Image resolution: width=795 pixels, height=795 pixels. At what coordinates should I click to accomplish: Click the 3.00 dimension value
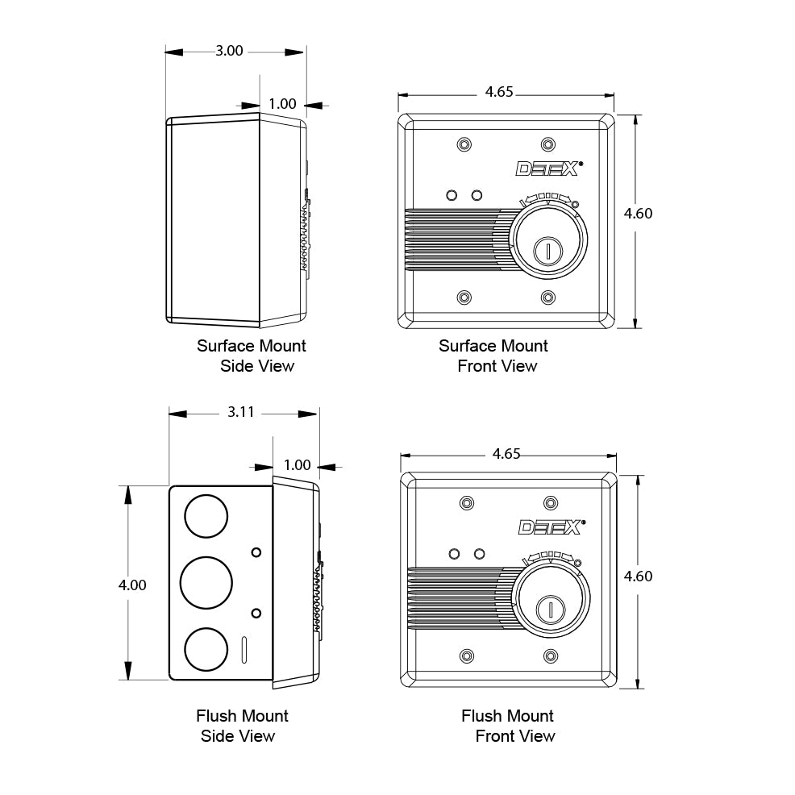[229, 52]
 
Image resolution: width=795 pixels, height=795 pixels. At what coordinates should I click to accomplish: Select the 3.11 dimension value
[241, 412]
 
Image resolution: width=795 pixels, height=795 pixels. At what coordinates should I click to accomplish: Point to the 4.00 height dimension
[132, 585]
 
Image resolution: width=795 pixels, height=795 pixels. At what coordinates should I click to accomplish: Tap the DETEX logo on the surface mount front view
[549, 169]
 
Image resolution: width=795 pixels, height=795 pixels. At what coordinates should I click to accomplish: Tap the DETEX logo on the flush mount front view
[552, 527]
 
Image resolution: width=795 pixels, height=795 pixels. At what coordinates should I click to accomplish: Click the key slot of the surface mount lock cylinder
[548, 251]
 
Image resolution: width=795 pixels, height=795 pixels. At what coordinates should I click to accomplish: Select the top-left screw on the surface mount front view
[464, 144]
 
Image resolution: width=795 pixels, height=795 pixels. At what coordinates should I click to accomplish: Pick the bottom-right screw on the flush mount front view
[551, 656]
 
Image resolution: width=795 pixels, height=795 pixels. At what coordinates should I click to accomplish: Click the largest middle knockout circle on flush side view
[206, 583]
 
